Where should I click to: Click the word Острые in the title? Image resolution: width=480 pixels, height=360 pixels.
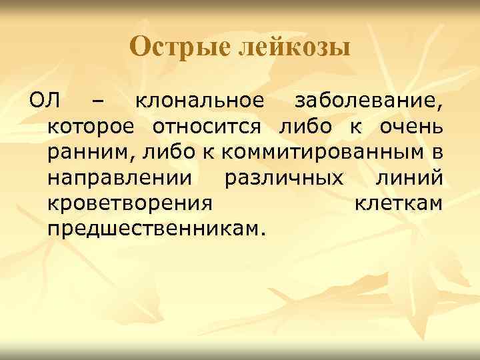pyautogui.click(x=175, y=47)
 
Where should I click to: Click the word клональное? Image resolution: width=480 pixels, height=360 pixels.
pyautogui.click(x=200, y=102)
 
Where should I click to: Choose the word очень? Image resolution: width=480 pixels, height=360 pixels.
pyautogui.click(x=413, y=127)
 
